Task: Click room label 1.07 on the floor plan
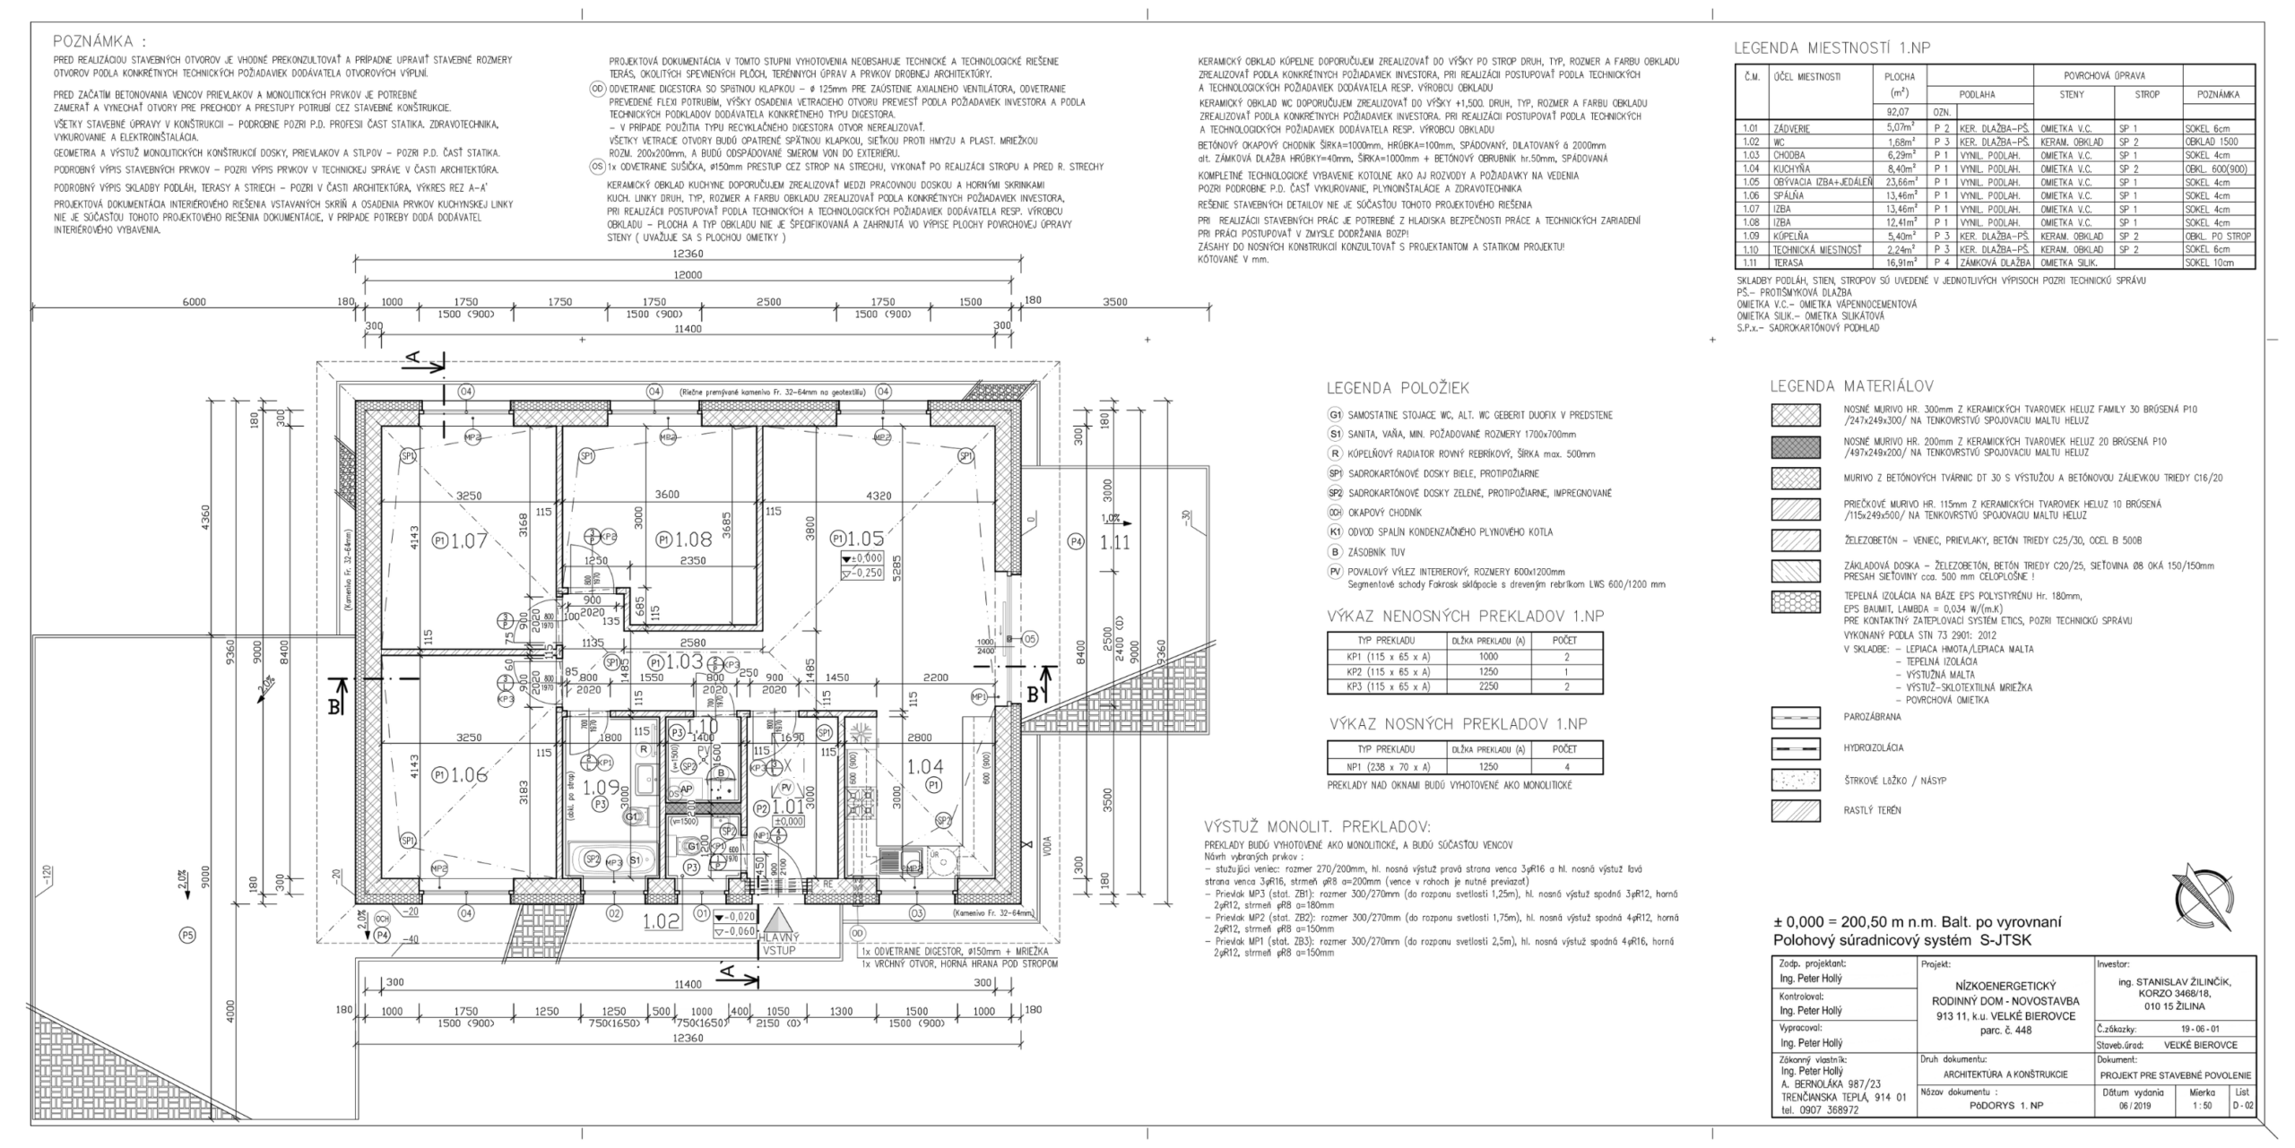[468, 540]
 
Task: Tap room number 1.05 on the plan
[866, 539]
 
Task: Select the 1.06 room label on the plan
[468, 775]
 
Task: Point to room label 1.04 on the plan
[924, 766]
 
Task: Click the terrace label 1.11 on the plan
[1114, 541]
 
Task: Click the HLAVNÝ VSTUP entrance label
[778, 943]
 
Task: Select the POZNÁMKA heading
[99, 41]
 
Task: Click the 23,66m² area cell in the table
[1900, 182]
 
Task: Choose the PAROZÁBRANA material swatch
[1795, 718]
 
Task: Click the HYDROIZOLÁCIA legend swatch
[1795, 748]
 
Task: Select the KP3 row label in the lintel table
[1381, 686]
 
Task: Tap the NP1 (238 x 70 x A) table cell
[1381, 766]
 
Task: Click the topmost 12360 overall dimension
[688, 254]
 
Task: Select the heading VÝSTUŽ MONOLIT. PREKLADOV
[1317, 826]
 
